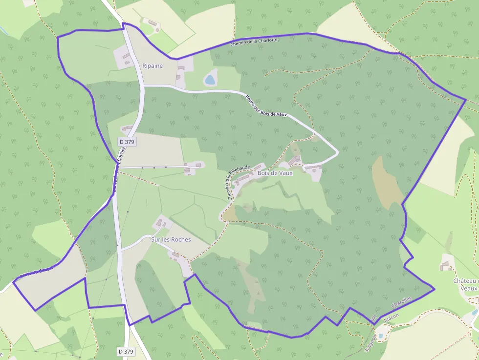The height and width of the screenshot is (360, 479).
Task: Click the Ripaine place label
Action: (x=152, y=65)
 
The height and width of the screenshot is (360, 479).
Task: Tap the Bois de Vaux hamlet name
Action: (x=275, y=173)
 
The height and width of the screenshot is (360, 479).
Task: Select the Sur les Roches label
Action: (x=171, y=240)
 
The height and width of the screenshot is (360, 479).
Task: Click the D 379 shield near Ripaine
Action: (x=127, y=142)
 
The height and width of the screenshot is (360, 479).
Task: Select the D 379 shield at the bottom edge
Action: (x=126, y=351)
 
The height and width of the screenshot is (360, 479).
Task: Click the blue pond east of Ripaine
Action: (x=210, y=79)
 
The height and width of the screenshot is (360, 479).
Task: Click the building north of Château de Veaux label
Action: (x=445, y=266)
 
